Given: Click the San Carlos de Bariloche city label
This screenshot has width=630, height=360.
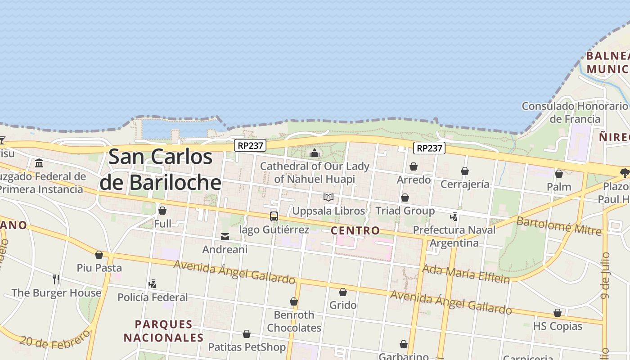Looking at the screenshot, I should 161,170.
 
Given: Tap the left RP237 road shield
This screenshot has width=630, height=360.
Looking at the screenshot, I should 250,145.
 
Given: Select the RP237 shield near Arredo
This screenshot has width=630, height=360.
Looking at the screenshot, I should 429,148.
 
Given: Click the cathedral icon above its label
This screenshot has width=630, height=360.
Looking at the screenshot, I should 315,153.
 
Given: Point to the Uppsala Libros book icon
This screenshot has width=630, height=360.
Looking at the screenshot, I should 328,198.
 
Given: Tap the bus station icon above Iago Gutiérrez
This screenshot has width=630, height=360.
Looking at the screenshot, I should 274,216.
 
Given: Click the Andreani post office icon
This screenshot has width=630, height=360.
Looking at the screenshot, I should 225,237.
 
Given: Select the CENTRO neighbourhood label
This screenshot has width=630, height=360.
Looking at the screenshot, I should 355,231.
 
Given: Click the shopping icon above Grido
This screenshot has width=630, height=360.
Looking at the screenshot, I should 343,292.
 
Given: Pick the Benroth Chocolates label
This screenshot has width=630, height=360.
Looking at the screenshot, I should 294,321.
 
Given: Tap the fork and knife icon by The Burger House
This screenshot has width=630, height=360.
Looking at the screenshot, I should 56,279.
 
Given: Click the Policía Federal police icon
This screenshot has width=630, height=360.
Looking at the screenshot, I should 152,284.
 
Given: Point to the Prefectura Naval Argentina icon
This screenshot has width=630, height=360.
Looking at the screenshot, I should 454,216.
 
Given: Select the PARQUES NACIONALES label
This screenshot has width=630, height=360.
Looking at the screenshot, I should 163,331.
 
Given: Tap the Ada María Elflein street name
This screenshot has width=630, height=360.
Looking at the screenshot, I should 466,273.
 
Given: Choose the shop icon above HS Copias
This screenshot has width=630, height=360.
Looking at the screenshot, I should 558,313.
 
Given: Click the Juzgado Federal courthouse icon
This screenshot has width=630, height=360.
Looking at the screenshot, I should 39,163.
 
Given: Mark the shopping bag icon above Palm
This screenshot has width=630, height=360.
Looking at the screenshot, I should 559,174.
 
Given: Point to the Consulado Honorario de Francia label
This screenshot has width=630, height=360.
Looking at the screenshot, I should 575,112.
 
